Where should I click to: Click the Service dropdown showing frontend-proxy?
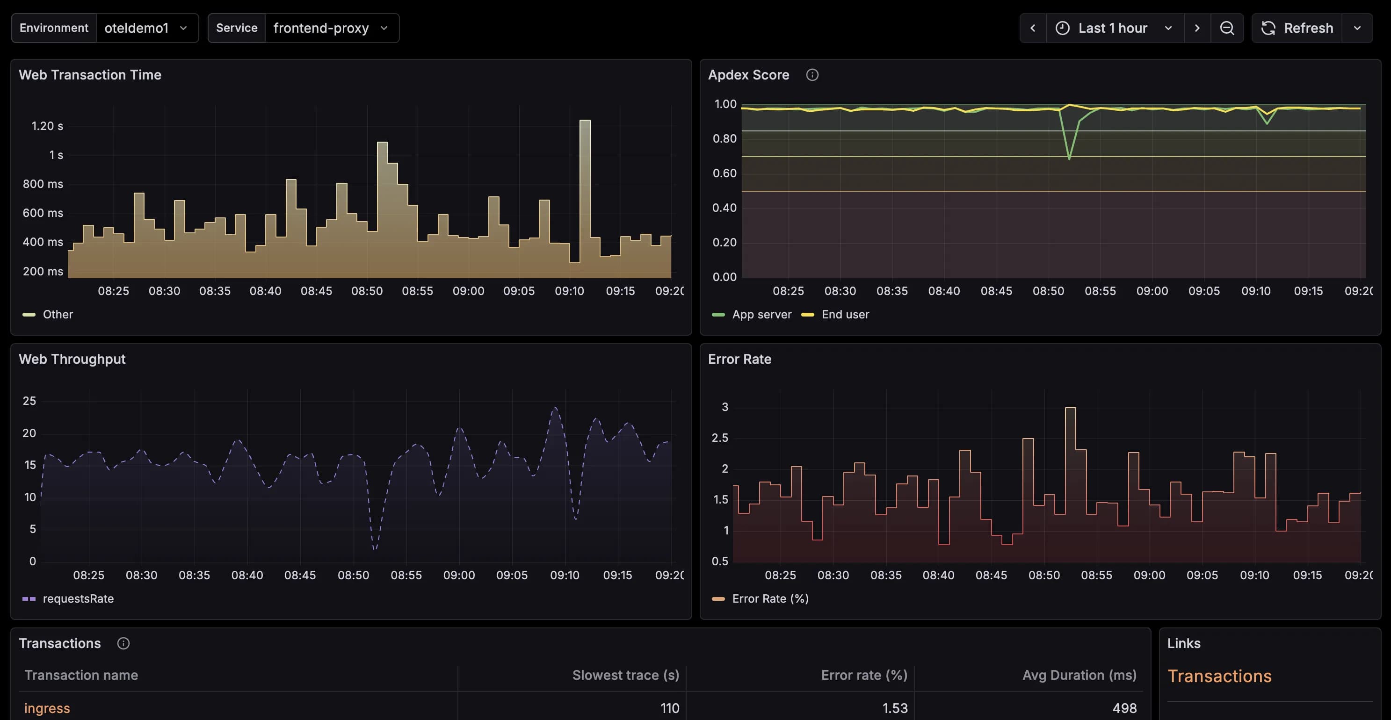(331, 28)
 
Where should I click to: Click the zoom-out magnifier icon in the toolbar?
(1227, 28)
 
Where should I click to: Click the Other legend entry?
(57, 315)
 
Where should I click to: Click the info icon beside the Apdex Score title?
(812, 75)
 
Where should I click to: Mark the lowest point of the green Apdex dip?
(1069, 158)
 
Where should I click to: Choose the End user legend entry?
(845, 315)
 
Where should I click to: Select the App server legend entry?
(761, 315)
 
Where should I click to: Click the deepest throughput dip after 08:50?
(375, 548)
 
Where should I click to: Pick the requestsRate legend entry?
(78, 598)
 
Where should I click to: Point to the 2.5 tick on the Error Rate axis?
(720, 438)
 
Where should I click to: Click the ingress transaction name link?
(47, 708)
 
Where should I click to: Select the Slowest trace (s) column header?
(625, 675)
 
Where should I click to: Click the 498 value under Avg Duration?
(1124, 708)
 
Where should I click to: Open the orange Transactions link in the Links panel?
(1219, 676)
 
